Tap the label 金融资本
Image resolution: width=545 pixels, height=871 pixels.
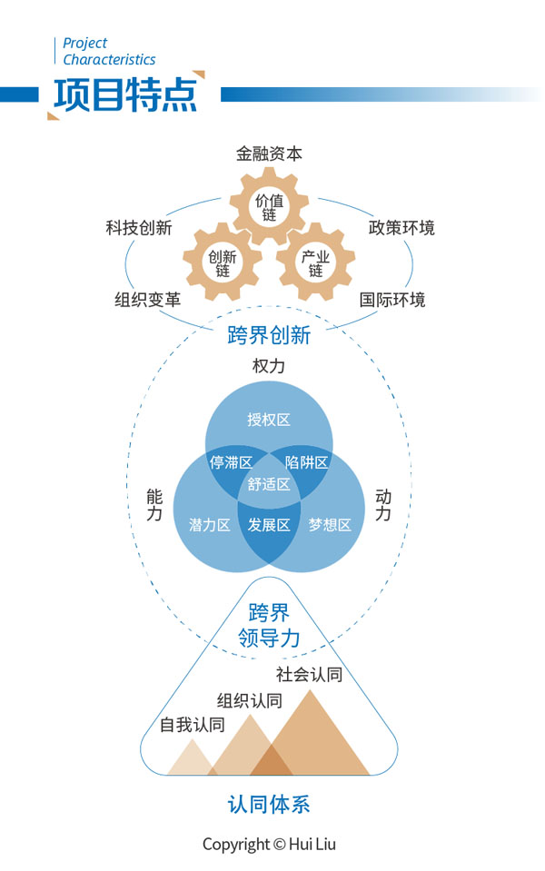(269, 154)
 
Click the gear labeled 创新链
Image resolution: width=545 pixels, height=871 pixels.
(222, 262)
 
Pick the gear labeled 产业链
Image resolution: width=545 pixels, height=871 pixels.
(315, 262)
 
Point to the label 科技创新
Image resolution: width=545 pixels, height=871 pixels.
(138, 228)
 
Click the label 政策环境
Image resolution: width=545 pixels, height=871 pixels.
(401, 227)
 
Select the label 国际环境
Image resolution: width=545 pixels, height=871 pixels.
(392, 300)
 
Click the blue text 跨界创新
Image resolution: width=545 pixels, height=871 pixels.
(269, 335)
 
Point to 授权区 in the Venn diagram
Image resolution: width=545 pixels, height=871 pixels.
(269, 420)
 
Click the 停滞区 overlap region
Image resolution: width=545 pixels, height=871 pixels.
(231, 463)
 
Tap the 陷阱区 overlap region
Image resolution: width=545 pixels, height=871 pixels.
(307, 463)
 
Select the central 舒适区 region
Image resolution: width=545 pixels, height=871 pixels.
(269, 484)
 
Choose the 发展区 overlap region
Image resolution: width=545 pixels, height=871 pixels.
(269, 526)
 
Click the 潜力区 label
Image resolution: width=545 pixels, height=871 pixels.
(210, 525)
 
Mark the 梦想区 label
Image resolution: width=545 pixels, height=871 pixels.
(330, 525)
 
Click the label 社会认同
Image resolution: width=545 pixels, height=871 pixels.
(309, 675)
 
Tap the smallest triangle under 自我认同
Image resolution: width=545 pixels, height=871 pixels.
(192, 761)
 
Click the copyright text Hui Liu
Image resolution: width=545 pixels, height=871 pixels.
(312, 844)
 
